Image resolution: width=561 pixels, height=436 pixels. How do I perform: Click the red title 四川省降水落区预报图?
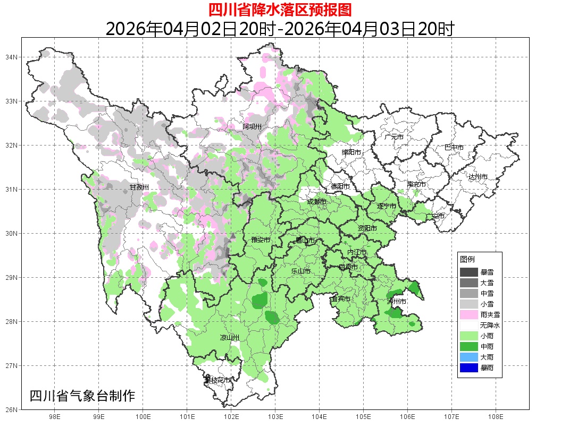(x=280, y=10)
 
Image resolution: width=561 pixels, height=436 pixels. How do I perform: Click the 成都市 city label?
(x=316, y=202)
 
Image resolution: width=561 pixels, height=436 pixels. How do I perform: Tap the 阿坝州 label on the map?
(x=252, y=126)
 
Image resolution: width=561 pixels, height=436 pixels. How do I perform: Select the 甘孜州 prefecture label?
(x=139, y=187)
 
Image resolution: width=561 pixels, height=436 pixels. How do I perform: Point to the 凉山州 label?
(x=230, y=338)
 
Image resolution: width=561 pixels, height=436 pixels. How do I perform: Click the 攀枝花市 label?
(x=218, y=380)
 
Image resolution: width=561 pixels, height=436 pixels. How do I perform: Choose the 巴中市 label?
(x=454, y=147)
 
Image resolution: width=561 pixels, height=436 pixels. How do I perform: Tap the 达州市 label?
(x=478, y=176)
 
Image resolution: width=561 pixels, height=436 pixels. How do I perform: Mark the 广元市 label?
(x=394, y=137)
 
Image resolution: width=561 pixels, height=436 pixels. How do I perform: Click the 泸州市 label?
(x=397, y=301)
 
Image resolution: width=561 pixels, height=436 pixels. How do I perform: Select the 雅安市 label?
(x=261, y=240)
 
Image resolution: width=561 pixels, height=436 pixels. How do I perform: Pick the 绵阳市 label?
(x=351, y=152)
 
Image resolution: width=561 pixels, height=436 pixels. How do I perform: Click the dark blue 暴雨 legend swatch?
(x=469, y=367)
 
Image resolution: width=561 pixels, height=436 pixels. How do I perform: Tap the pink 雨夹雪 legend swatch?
(x=469, y=314)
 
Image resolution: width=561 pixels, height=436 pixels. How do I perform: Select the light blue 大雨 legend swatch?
(x=469, y=357)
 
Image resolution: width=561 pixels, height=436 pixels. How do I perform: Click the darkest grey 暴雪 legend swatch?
(x=469, y=272)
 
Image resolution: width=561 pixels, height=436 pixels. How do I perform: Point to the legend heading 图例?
(x=467, y=259)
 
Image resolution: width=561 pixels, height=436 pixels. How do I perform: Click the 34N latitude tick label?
(x=12, y=57)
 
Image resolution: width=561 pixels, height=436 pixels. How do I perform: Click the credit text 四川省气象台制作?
(x=82, y=396)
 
